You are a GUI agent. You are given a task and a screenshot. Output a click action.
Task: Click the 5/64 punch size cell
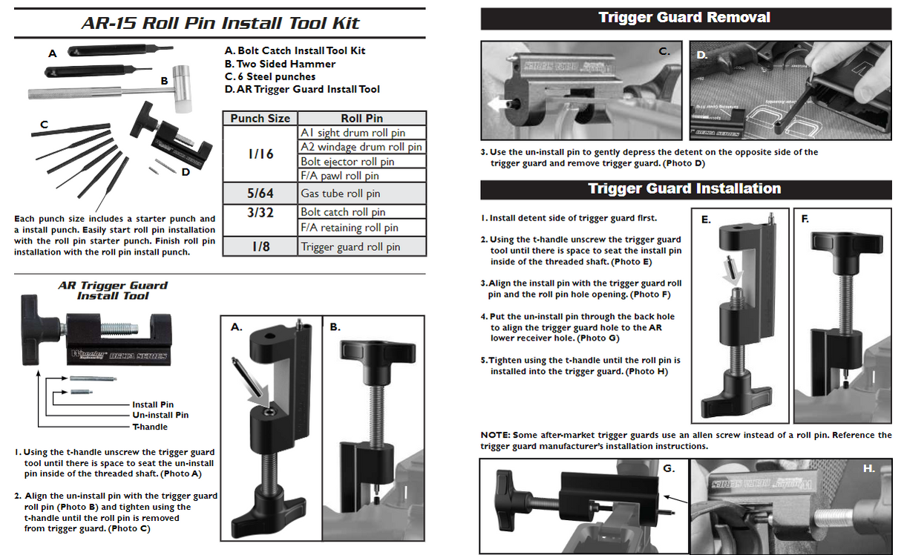click(x=260, y=194)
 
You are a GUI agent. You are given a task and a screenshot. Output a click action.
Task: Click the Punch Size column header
click(x=260, y=118)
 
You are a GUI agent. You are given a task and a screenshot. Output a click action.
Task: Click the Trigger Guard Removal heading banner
click(x=685, y=18)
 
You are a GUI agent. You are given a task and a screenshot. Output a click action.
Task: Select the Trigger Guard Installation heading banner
click(x=685, y=188)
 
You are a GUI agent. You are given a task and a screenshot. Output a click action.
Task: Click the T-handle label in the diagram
click(x=150, y=427)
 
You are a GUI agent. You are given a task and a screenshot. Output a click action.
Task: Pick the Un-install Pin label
click(x=160, y=416)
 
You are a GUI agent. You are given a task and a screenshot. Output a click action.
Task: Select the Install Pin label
click(x=152, y=405)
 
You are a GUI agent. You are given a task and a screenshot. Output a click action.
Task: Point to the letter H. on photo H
click(x=869, y=469)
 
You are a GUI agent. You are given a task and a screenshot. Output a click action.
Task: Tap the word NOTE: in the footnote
click(x=495, y=435)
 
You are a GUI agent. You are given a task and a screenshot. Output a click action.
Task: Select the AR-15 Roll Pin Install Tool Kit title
click(x=220, y=23)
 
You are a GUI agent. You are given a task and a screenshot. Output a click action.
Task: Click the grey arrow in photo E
click(x=734, y=275)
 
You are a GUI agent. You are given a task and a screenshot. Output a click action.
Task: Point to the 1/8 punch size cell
click(x=260, y=247)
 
